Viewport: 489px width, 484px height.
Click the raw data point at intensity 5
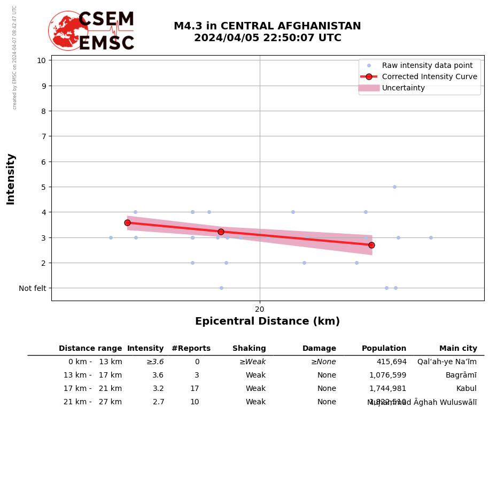coord(394,187)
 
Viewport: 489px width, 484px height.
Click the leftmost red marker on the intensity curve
coord(127,222)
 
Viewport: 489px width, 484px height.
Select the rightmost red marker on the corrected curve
coord(371,245)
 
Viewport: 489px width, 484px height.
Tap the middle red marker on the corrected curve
coord(221,232)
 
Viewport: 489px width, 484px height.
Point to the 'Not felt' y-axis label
coord(33,288)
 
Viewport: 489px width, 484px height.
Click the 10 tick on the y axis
coord(41,60)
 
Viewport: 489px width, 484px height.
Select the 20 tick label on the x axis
coord(260,309)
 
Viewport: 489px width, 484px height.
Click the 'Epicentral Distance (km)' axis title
coord(267,321)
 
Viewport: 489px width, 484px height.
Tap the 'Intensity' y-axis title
coord(11,179)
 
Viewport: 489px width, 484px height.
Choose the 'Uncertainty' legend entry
coord(403,88)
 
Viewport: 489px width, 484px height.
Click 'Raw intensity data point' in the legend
coord(427,65)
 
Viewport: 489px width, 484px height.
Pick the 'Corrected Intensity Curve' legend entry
coord(429,76)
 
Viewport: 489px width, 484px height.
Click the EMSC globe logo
coord(68,30)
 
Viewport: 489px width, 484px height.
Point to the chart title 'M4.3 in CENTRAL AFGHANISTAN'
coord(267,26)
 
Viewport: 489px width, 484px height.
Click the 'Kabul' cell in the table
coord(466,389)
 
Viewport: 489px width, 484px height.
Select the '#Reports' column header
coord(191,349)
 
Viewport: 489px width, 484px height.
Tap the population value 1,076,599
coord(387,375)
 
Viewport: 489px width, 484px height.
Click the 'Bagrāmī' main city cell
coord(461,375)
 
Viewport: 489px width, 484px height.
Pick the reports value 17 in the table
coord(195,389)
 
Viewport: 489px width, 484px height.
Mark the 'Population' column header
coord(384,349)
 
